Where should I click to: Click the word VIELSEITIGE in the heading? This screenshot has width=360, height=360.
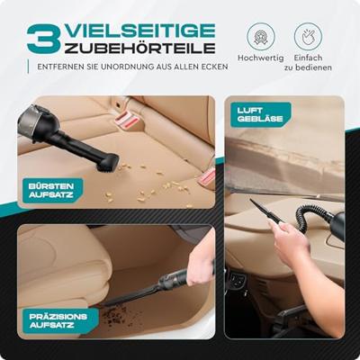click(140, 31)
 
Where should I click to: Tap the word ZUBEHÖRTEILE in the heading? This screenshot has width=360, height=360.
click(140, 49)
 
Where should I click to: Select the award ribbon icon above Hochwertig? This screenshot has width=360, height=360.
click(260, 36)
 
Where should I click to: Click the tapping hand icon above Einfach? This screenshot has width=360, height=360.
click(308, 36)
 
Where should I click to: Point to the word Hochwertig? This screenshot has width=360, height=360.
click(260, 58)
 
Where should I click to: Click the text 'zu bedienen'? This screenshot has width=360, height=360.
click(308, 67)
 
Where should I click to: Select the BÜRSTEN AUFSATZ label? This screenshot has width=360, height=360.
click(51, 191)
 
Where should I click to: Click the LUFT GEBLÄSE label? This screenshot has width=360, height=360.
click(260, 114)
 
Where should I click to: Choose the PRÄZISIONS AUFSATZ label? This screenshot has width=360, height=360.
click(58, 320)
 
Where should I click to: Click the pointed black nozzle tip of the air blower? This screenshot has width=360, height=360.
click(251, 201)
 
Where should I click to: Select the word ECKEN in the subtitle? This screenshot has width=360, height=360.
click(215, 67)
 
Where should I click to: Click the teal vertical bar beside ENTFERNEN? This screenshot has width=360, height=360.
click(28, 67)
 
